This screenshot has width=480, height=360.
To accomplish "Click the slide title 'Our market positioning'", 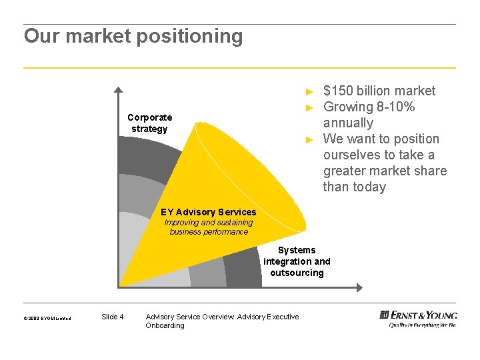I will point(133,36).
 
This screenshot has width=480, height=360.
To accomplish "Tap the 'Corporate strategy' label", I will point(149,123).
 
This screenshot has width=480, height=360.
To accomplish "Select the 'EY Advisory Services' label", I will point(208,212).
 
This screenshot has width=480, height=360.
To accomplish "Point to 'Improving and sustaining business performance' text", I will point(209,227).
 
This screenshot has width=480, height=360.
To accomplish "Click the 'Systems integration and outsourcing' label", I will point(297,261).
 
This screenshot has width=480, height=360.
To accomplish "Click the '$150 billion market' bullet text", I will point(379,91).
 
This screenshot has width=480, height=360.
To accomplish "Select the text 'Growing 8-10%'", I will point(369,107).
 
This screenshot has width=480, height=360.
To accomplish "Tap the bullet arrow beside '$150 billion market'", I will point(309,91).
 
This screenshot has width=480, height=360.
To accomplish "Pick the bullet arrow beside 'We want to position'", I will point(309,139).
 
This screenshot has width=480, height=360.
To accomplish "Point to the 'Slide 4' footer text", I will point(112,317).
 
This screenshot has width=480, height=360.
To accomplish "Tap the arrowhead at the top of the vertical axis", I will point(118,89).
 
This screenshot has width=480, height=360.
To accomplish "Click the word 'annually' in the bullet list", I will point(348,123).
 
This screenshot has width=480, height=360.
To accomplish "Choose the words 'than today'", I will point(354,187).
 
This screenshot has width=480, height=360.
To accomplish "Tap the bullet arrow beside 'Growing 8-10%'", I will point(309,107).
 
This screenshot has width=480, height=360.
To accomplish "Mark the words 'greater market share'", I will point(385,171).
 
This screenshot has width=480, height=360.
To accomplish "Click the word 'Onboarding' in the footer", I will point(165,325).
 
